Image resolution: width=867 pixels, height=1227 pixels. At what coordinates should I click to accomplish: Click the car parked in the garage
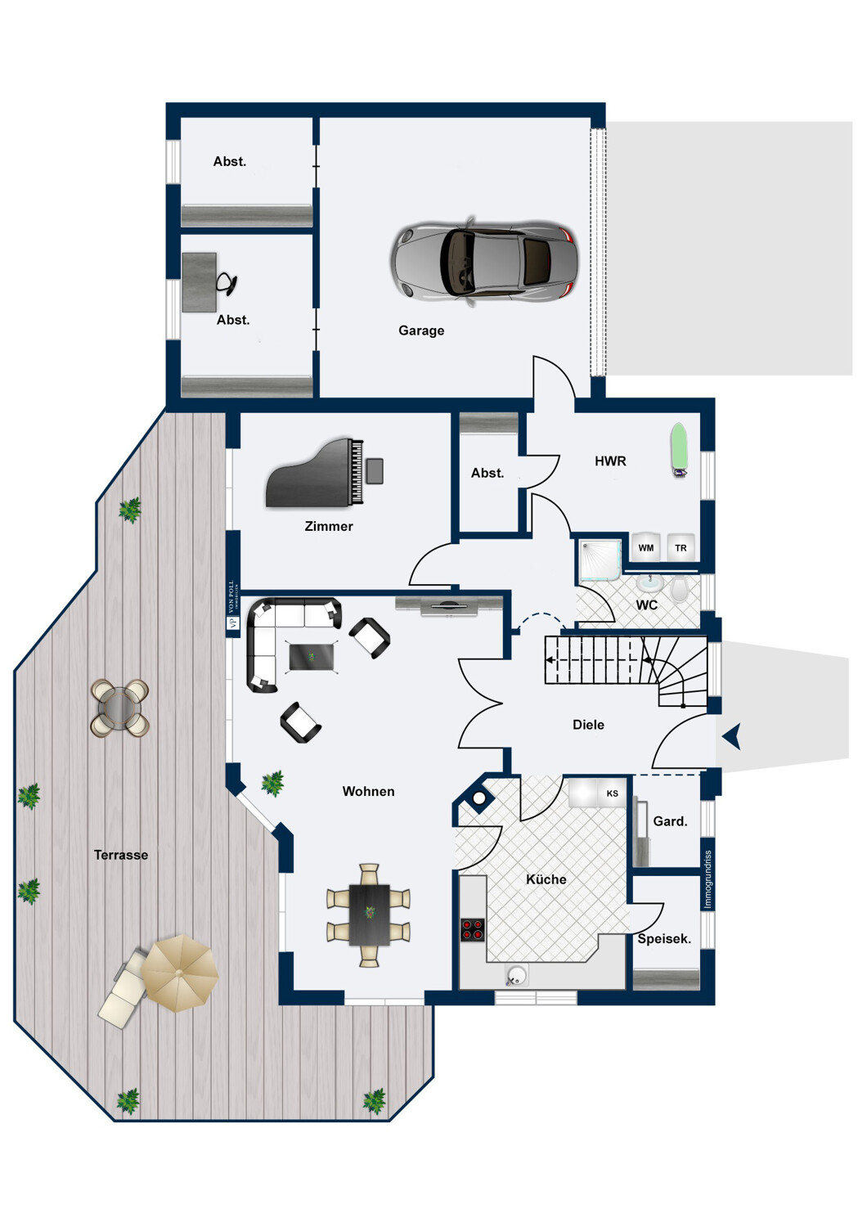[x=484, y=261]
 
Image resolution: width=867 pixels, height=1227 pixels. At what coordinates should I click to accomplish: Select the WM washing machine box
[x=646, y=548]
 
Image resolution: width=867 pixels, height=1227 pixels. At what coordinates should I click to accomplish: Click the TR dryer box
[x=681, y=548]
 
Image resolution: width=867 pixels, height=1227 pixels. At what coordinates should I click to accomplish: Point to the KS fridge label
[x=613, y=793]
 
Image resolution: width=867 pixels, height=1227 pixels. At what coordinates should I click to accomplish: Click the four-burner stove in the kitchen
[x=472, y=929]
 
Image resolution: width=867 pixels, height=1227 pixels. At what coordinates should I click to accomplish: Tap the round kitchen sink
[x=516, y=974]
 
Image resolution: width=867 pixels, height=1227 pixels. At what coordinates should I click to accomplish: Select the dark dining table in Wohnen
[x=369, y=914]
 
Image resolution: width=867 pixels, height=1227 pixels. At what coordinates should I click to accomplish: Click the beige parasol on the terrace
[x=178, y=973]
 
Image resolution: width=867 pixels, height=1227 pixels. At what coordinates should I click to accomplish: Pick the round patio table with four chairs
[x=120, y=708]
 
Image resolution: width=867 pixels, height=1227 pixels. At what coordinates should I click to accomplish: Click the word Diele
[x=588, y=725]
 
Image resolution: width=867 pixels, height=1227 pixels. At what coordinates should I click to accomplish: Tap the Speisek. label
[x=664, y=939]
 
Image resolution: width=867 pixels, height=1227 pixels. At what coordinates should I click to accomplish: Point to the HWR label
[x=610, y=461]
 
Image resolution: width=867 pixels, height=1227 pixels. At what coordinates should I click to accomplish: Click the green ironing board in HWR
[x=679, y=448]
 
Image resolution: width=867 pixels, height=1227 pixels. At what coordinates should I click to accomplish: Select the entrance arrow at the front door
[x=732, y=736]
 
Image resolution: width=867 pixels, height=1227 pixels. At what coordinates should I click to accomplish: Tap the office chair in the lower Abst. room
[x=227, y=283]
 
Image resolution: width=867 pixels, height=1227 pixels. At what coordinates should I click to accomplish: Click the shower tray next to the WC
[x=600, y=560]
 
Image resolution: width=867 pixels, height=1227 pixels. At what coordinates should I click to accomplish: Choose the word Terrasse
[x=121, y=855]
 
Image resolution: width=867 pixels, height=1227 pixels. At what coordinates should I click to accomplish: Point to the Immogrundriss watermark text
[x=708, y=879]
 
